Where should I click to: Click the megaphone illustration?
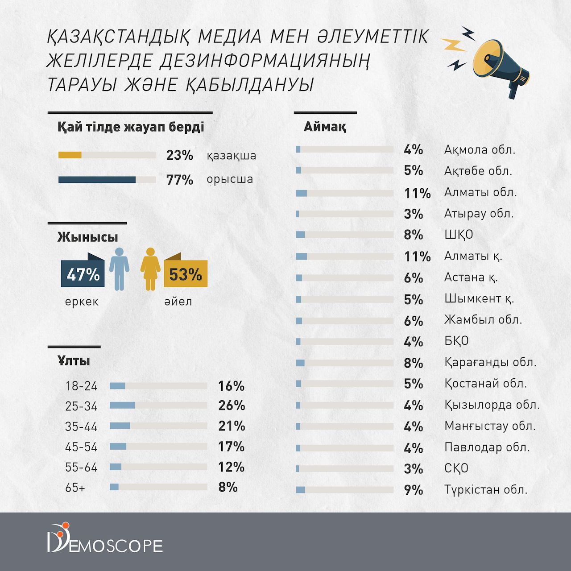pyautogui.click(x=500, y=65)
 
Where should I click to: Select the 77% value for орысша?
pyautogui.click(x=179, y=180)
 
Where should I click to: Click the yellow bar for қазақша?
pyautogui.click(x=70, y=155)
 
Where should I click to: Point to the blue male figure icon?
pyautogui.click(x=119, y=269)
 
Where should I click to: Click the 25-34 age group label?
pyautogui.click(x=81, y=406)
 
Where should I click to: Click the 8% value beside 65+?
pyautogui.click(x=228, y=487)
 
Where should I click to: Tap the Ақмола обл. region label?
pyautogui.click(x=480, y=149)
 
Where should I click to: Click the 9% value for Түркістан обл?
pyautogui.click(x=413, y=490)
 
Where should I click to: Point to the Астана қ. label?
pyautogui.click(x=471, y=277)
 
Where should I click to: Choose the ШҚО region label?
pyautogui.click(x=458, y=235)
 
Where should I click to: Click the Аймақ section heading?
pyautogui.click(x=325, y=127)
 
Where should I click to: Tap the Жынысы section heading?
pyautogui.click(x=87, y=237)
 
